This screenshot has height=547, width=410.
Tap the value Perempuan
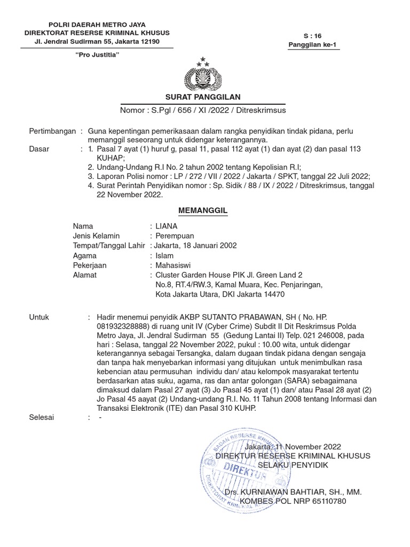tap(175, 236)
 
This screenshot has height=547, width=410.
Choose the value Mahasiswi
tap(174, 265)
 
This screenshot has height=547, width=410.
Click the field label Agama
tap(84, 255)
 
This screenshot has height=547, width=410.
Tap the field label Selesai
tap(41, 417)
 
